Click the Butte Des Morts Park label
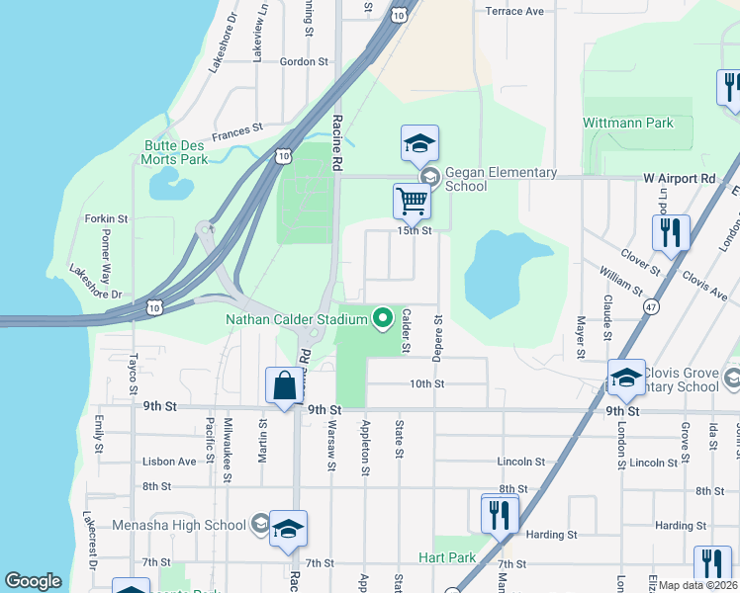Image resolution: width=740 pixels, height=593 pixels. pyautogui.click(x=175, y=151)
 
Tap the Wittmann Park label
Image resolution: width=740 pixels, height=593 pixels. pyautogui.click(x=628, y=124)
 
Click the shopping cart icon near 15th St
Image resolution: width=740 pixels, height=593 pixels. pyautogui.click(x=412, y=201)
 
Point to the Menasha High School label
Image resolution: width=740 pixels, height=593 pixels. pyautogui.click(x=179, y=525)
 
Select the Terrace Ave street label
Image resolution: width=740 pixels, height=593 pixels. pyautogui.click(x=514, y=12)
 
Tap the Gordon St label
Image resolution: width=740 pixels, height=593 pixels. pyautogui.click(x=304, y=61)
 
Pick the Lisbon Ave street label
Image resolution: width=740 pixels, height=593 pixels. pyautogui.click(x=169, y=462)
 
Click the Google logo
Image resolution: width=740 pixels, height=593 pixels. pyautogui.click(x=33, y=581)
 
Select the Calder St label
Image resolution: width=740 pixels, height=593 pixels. pyautogui.click(x=406, y=330)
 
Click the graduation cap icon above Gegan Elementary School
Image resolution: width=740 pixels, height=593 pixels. pyautogui.click(x=419, y=143)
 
